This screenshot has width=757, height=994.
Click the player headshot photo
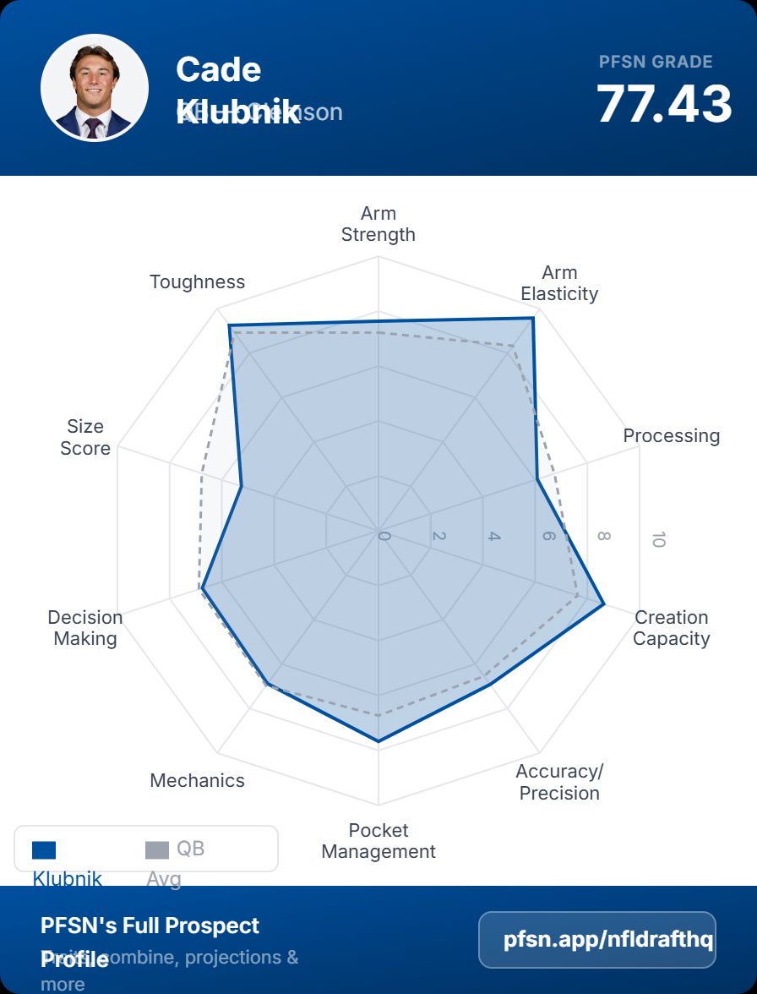95,88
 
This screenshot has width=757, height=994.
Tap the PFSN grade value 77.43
664,104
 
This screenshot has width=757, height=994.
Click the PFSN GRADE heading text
656,62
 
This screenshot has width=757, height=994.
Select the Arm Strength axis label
378,224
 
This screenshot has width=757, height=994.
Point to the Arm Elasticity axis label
559,283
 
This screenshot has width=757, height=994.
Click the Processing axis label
672,436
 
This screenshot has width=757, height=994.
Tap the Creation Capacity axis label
672,628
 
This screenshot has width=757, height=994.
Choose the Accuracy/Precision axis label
559,782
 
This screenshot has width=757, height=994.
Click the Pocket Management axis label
378,841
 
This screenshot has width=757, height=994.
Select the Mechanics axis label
197,781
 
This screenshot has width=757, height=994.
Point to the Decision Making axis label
85,628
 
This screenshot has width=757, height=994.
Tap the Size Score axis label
85,437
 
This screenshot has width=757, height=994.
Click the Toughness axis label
197,282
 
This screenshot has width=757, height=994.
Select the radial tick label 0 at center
384,537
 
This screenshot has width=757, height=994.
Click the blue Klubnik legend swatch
44,849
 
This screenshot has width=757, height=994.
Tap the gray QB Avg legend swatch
157,849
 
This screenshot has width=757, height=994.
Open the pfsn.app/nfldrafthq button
597,940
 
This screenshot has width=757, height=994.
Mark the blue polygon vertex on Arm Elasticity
533,319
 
